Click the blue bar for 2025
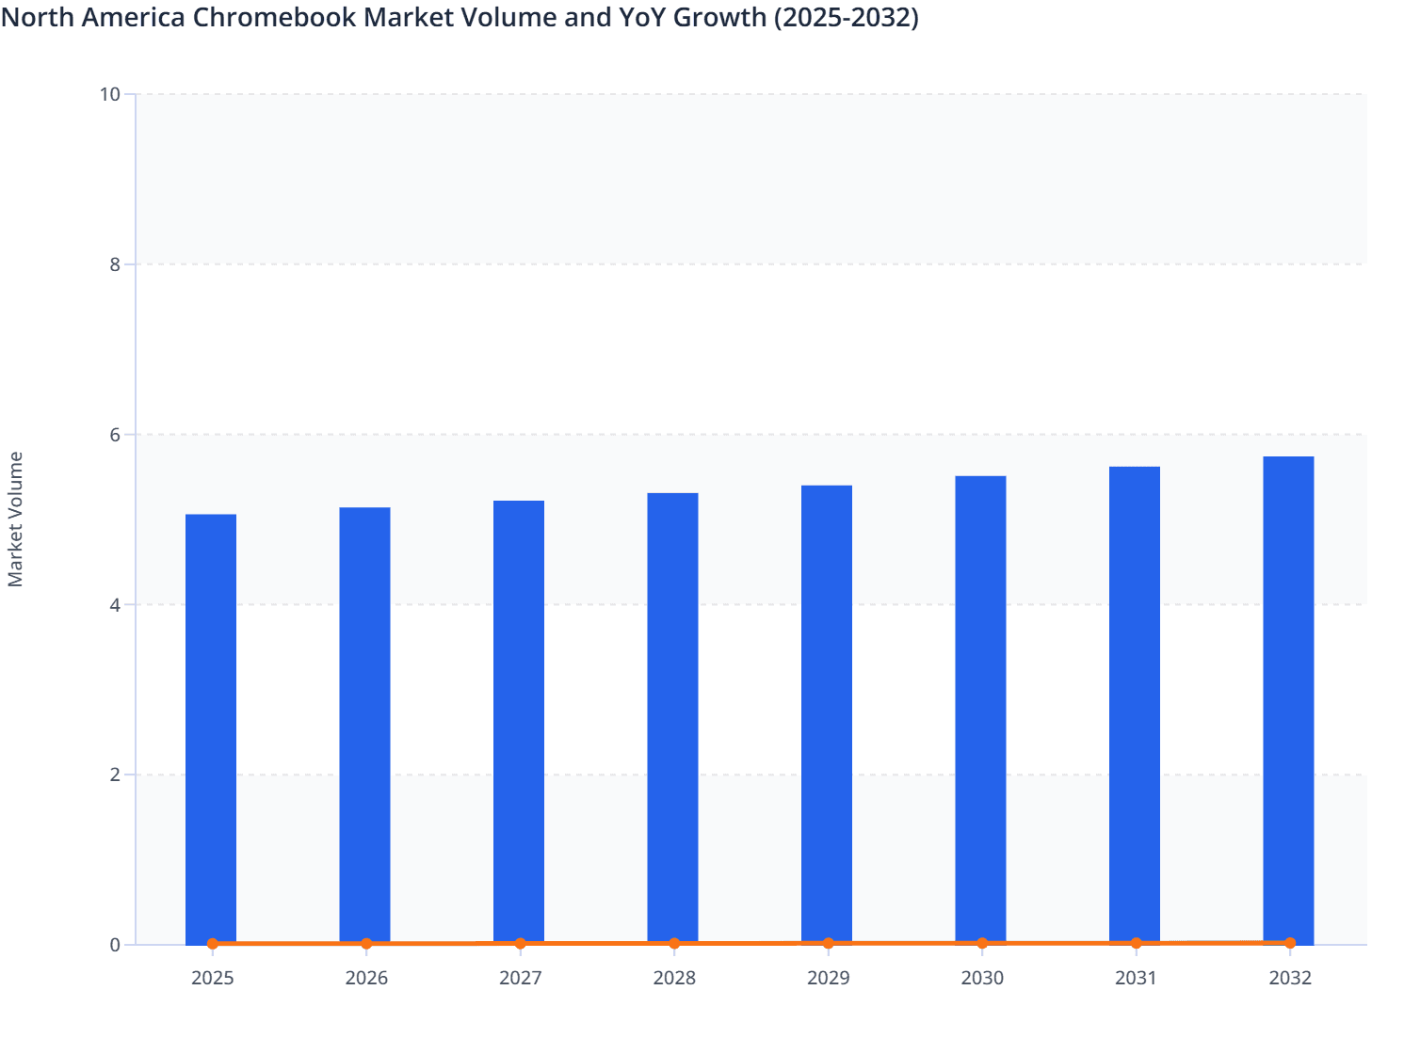[x=211, y=729]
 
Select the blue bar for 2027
[x=519, y=723]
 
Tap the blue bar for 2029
[x=827, y=715]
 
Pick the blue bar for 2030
[x=980, y=711]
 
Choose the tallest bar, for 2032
[x=1288, y=700]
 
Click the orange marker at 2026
[x=366, y=943]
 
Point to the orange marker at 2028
[x=674, y=943]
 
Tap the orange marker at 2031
[x=1136, y=942]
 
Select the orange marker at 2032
[x=1290, y=942]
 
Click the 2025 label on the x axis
[x=212, y=978]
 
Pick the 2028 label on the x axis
[x=674, y=978]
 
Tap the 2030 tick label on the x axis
[x=982, y=978]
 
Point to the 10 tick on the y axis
[x=109, y=94]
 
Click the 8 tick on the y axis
[x=115, y=264]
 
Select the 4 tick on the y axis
[x=115, y=605]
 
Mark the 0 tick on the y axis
[x=115, y=945]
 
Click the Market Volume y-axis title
[x=16, y=519]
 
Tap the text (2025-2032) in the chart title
[x=846, y=17]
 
